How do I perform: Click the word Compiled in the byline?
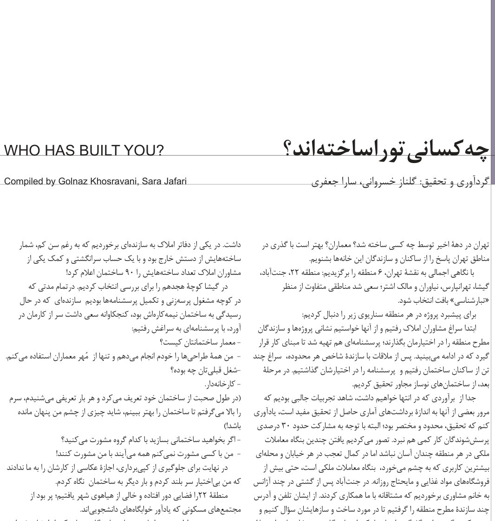(23, 182)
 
